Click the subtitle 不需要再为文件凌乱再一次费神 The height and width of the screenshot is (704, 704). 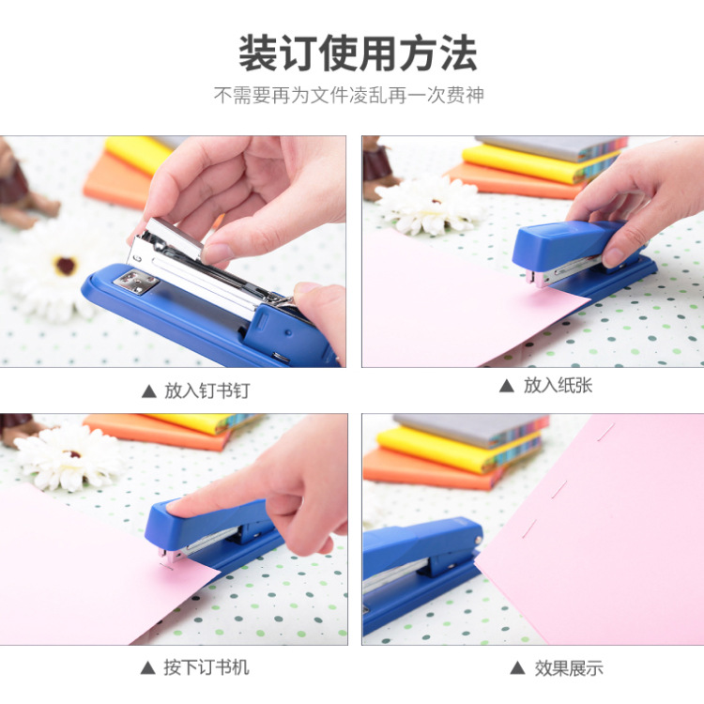(349, 95)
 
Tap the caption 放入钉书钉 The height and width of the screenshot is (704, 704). (207, 390)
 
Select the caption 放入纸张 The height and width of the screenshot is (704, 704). (558, 385)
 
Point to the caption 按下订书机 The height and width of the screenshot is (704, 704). (207, 667)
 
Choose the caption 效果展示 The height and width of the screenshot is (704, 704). (569, 668)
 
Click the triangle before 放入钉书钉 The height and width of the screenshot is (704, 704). (148, 390)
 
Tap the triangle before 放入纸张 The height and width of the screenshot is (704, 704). (507, 385)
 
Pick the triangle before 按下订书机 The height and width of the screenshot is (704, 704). (147, 667)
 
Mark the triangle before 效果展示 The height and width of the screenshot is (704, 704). (517, 668)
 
